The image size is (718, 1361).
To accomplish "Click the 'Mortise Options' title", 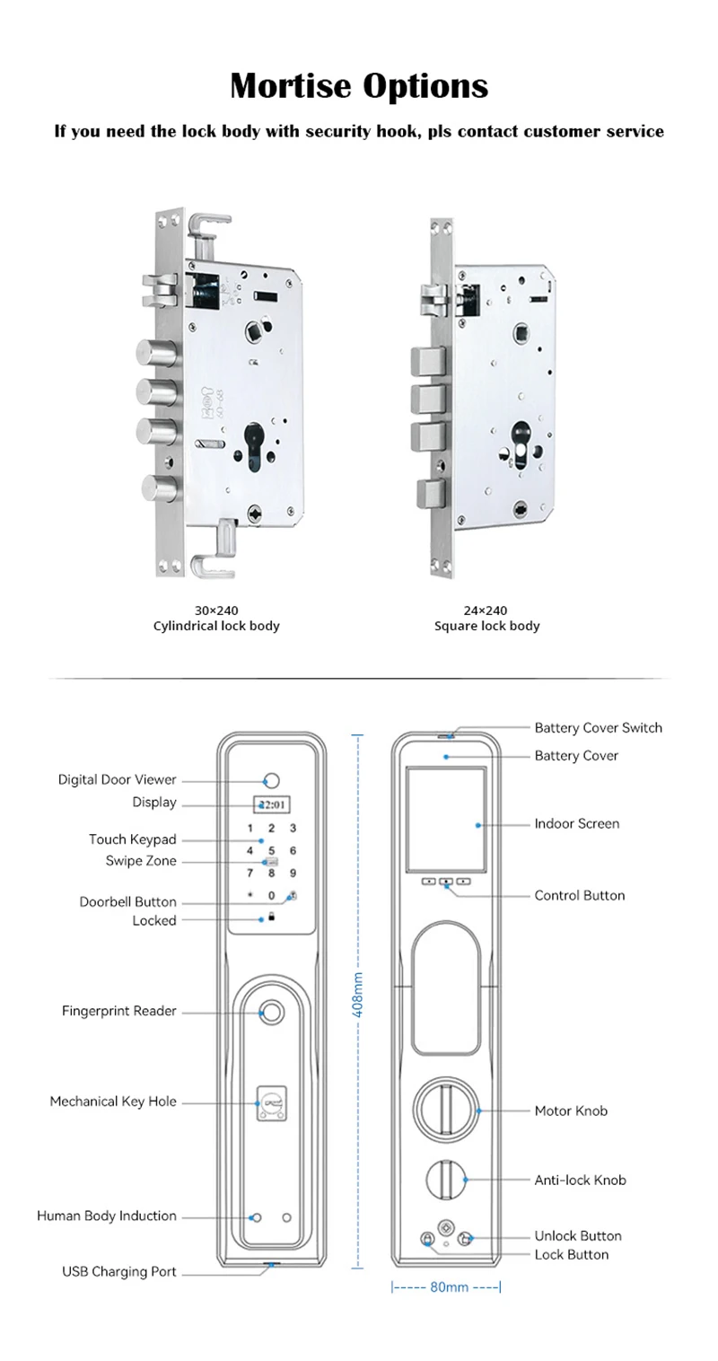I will pyautogui.click(x=359, y=86).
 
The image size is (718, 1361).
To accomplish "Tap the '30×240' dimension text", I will pyautogui.click(x=215, y=610).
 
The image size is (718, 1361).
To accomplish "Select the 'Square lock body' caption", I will pyautogui.click(x=486, y=626).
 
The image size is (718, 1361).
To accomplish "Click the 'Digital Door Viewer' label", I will pyautogui.click(x=118, y=779).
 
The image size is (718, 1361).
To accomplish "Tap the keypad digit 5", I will pyautogui.click(x=271, y=849).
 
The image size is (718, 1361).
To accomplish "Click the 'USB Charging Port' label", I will pyautogui.click(x=119, y=1271).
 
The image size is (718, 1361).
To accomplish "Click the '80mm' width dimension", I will pyautogui.click(x=446, y=1287).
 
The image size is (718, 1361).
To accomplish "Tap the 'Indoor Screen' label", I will pyautogui.click(x=576, y=823).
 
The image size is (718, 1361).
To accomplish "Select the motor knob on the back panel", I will pyautogui.click(x=446, y=1110).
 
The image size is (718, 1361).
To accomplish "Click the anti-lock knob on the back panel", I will pyautogui.click(x=446, y=1180).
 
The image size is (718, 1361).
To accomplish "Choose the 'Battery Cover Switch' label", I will pyautogui.click(x=598, y=727).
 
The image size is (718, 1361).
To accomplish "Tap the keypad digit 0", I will pyautogui.click(x=271, y=895).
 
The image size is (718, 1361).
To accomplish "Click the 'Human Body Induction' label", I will pyautogui.click(x=107, y=1216).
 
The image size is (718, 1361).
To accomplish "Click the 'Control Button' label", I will pyautogui.click(x=579, y=895).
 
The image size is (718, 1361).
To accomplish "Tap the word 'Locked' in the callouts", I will pyautogui.click(x=154, y=920).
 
